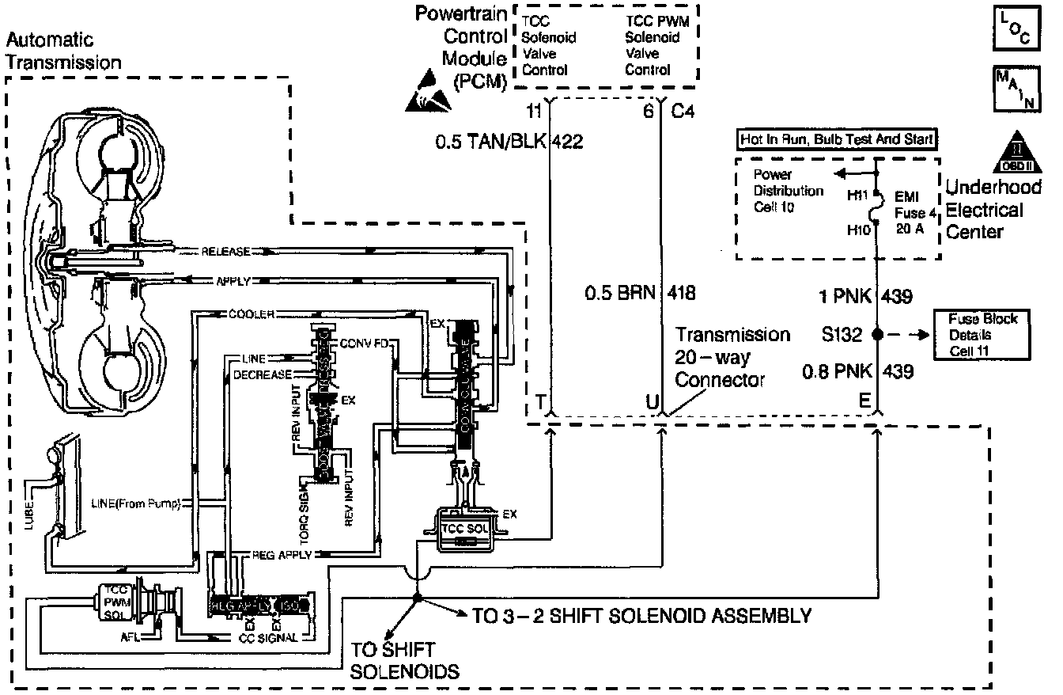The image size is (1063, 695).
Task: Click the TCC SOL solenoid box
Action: (x=463, y=529)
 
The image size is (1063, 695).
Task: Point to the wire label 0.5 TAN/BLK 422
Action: (x=509, y=142)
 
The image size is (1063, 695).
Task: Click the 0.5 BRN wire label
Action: (x=621, y=293)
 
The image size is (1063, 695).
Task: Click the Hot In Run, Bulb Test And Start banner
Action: (x=837, y=140)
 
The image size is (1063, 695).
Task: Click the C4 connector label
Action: (x=683, y=112)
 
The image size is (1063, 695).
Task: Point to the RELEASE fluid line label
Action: (x=226, y=252)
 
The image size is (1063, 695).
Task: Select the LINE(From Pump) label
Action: (x=136, y=503)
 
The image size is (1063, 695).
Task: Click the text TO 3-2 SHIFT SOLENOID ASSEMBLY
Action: (x=641, y=615)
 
